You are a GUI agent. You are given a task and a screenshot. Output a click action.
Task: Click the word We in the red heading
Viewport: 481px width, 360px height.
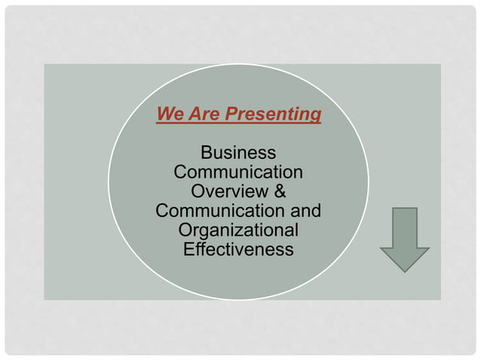(168, 114)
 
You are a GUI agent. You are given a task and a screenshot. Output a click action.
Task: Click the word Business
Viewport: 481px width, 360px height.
(238, 153)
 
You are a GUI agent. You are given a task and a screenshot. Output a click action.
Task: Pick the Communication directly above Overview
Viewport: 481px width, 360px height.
(238, 172)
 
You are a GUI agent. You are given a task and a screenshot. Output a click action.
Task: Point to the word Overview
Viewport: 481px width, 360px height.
(228, 191)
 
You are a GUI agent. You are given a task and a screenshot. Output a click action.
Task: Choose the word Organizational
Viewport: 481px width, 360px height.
(238, 230)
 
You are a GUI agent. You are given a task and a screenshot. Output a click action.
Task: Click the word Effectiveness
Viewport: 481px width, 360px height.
(238, 249)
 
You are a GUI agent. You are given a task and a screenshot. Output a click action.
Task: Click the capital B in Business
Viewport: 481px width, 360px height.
(206, 153)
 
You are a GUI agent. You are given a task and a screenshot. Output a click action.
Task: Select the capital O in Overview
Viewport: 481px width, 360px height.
(198, 191)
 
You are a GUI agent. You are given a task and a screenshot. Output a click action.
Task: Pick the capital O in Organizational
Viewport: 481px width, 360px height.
(185, 230)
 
